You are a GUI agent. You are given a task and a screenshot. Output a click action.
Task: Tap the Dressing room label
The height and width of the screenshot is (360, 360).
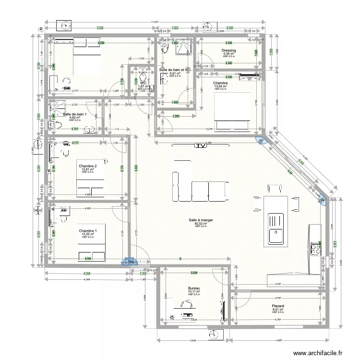(228, 50)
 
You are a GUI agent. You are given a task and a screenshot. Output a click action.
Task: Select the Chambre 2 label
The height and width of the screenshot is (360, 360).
(89, 166)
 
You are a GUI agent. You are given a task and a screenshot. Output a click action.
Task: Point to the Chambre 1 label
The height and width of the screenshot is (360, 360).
(87, 231)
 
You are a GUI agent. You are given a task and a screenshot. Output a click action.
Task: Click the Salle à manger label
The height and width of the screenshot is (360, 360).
(201, 220)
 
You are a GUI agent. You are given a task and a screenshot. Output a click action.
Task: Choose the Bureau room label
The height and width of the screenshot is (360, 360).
(194, 288)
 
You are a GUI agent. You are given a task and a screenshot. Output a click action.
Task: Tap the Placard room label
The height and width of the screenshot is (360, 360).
(278, 306)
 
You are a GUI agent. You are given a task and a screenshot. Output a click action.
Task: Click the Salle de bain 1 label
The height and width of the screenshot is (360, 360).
(74, 114)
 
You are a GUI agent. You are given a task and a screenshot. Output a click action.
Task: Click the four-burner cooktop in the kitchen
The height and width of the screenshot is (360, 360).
(317, 249)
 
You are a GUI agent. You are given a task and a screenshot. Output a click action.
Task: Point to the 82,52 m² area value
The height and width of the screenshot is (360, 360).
(201, 224)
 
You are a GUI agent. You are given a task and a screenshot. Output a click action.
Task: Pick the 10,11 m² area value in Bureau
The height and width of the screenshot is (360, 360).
(194, 292)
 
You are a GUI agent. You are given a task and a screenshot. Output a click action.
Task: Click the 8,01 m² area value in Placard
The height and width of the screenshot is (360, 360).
(278, 309)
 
